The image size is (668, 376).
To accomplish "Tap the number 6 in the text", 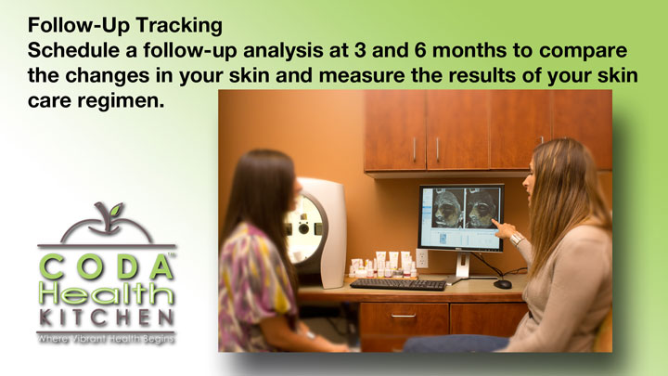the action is point(418,50).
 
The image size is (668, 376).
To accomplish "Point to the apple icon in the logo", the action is point(107,224).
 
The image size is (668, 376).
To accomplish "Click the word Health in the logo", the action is point(107,292).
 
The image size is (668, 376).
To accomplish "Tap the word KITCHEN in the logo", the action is point(107,318).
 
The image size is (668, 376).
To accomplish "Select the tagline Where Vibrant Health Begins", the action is point(106,340).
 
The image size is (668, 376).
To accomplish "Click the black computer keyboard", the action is point(398,284).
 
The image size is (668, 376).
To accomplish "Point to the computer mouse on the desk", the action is point(502,284).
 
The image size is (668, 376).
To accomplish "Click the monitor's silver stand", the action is point(463,266).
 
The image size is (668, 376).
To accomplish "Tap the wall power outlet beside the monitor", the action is point(422,258).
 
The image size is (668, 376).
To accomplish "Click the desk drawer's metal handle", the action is point(403,316).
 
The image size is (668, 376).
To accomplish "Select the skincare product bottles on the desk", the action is point(382,265).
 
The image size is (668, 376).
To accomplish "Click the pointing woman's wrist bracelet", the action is point(517,239).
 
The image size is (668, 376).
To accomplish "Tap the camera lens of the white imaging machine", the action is point(303,228).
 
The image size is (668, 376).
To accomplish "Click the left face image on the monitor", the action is point(447,209).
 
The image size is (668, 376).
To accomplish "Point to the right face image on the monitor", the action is point(482,209).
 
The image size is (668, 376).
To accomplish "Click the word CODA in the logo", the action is point(107,266).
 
